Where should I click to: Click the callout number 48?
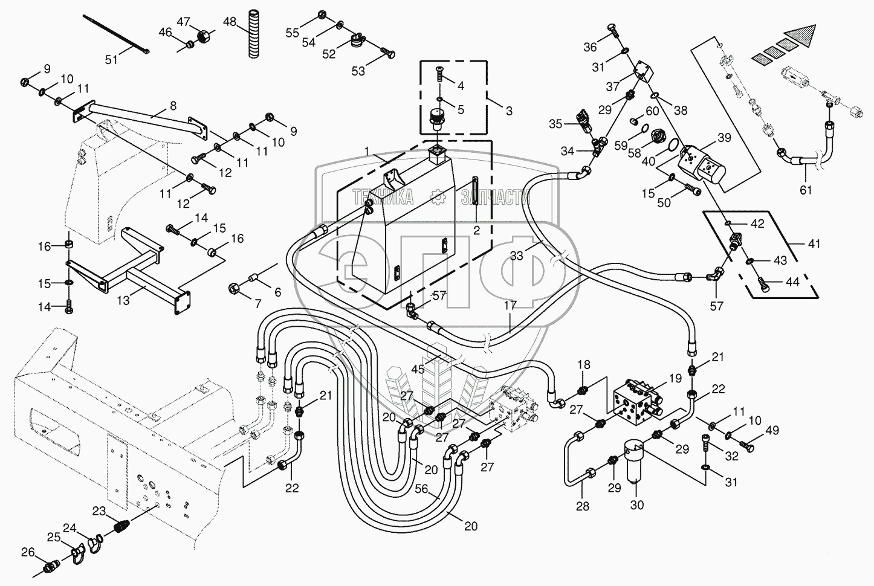(230, 21)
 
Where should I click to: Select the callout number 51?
(111, 59)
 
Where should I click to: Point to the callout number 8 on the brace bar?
(173, 106)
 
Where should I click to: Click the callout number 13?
(123, 300)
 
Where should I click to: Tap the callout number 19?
(676, 379)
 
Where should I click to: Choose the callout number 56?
(435, 492)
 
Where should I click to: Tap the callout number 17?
(510, 306)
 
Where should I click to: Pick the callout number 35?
(556, 124)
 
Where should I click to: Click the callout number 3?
(509, 111)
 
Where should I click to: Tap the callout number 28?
(582, 506)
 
